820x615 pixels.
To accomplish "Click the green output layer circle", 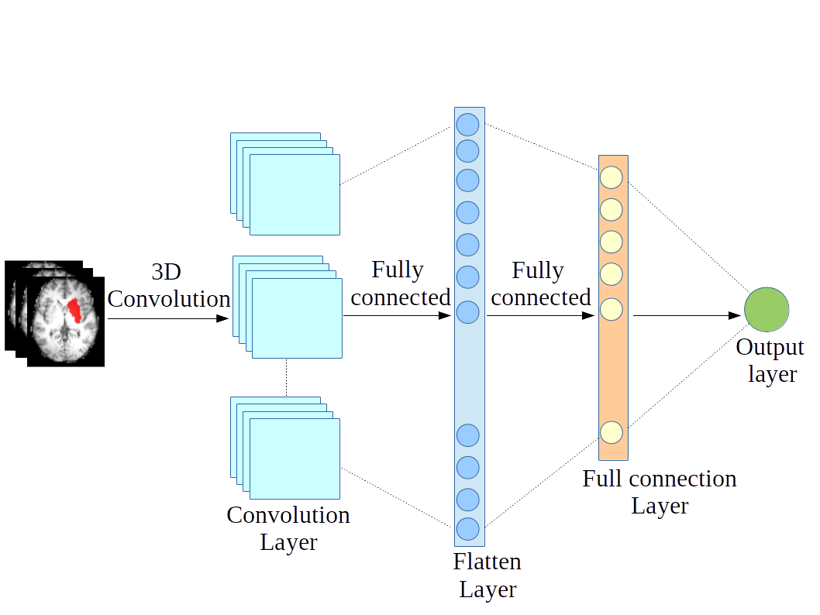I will (x=767, y=309).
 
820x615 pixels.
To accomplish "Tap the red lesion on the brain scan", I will (x=74, y=310).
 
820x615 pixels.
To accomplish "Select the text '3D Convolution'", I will (x=168, y=286).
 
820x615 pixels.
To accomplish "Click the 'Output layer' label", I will (x=770, y=360).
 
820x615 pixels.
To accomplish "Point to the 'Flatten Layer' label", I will (x=488, y=575).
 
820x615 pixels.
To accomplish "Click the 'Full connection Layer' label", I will (x=660, y=492).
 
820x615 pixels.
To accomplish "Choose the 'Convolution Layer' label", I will (x=288, y=528).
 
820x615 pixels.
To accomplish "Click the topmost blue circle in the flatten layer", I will (x=467, y=124).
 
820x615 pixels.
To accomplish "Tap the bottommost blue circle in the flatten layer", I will (x=467, y=528).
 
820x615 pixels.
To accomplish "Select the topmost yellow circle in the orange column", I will (x=612, y=177).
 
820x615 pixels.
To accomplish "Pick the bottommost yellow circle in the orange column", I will (x=612, y=431).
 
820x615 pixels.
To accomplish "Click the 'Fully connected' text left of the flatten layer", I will (x=400, y=283).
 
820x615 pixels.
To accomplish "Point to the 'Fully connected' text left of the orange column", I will (x=540, y=283).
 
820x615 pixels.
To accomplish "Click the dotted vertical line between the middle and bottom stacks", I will (x=286, y=377).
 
